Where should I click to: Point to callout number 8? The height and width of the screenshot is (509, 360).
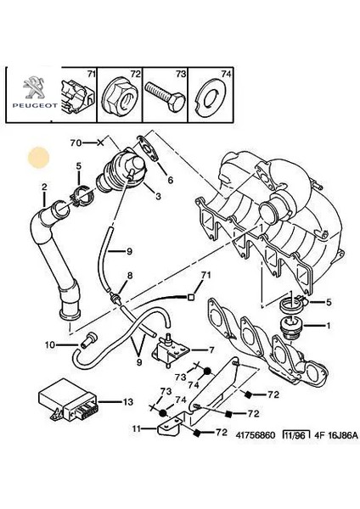129,277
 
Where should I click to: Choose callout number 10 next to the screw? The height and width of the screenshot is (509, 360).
49,344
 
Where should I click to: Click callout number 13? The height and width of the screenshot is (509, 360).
128,401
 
